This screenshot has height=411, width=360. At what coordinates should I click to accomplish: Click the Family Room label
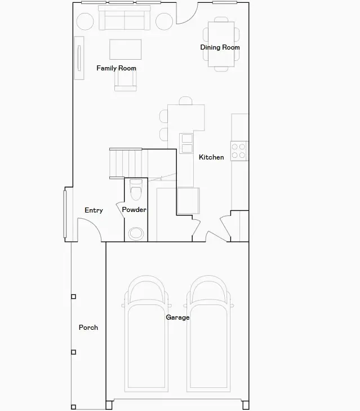[x=116, y=68]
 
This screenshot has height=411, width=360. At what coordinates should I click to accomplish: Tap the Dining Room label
[x=220, y=47]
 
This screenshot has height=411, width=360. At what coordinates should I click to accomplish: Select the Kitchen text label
[x=211, y=157]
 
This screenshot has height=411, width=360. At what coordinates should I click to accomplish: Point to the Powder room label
[x=134, y=210]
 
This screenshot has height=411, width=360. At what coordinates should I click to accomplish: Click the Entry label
[x=94, y=210]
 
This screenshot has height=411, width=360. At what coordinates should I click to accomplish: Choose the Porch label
[x=88, y=327]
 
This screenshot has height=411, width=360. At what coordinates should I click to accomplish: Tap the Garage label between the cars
[x=177, y=317]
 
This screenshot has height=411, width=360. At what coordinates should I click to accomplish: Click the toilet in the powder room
[x=136, y=190]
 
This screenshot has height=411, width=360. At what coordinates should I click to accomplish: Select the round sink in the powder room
[x=136, y=233]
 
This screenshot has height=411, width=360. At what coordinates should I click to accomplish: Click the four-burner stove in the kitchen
[x=239, y=151]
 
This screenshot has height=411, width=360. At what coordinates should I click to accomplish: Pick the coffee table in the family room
[x=126, y=49]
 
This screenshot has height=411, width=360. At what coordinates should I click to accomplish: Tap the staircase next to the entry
[x=125, y=163]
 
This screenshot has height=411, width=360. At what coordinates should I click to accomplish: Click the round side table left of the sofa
[x=85, y=21]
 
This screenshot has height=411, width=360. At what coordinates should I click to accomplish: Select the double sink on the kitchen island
[x=186, y=144]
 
